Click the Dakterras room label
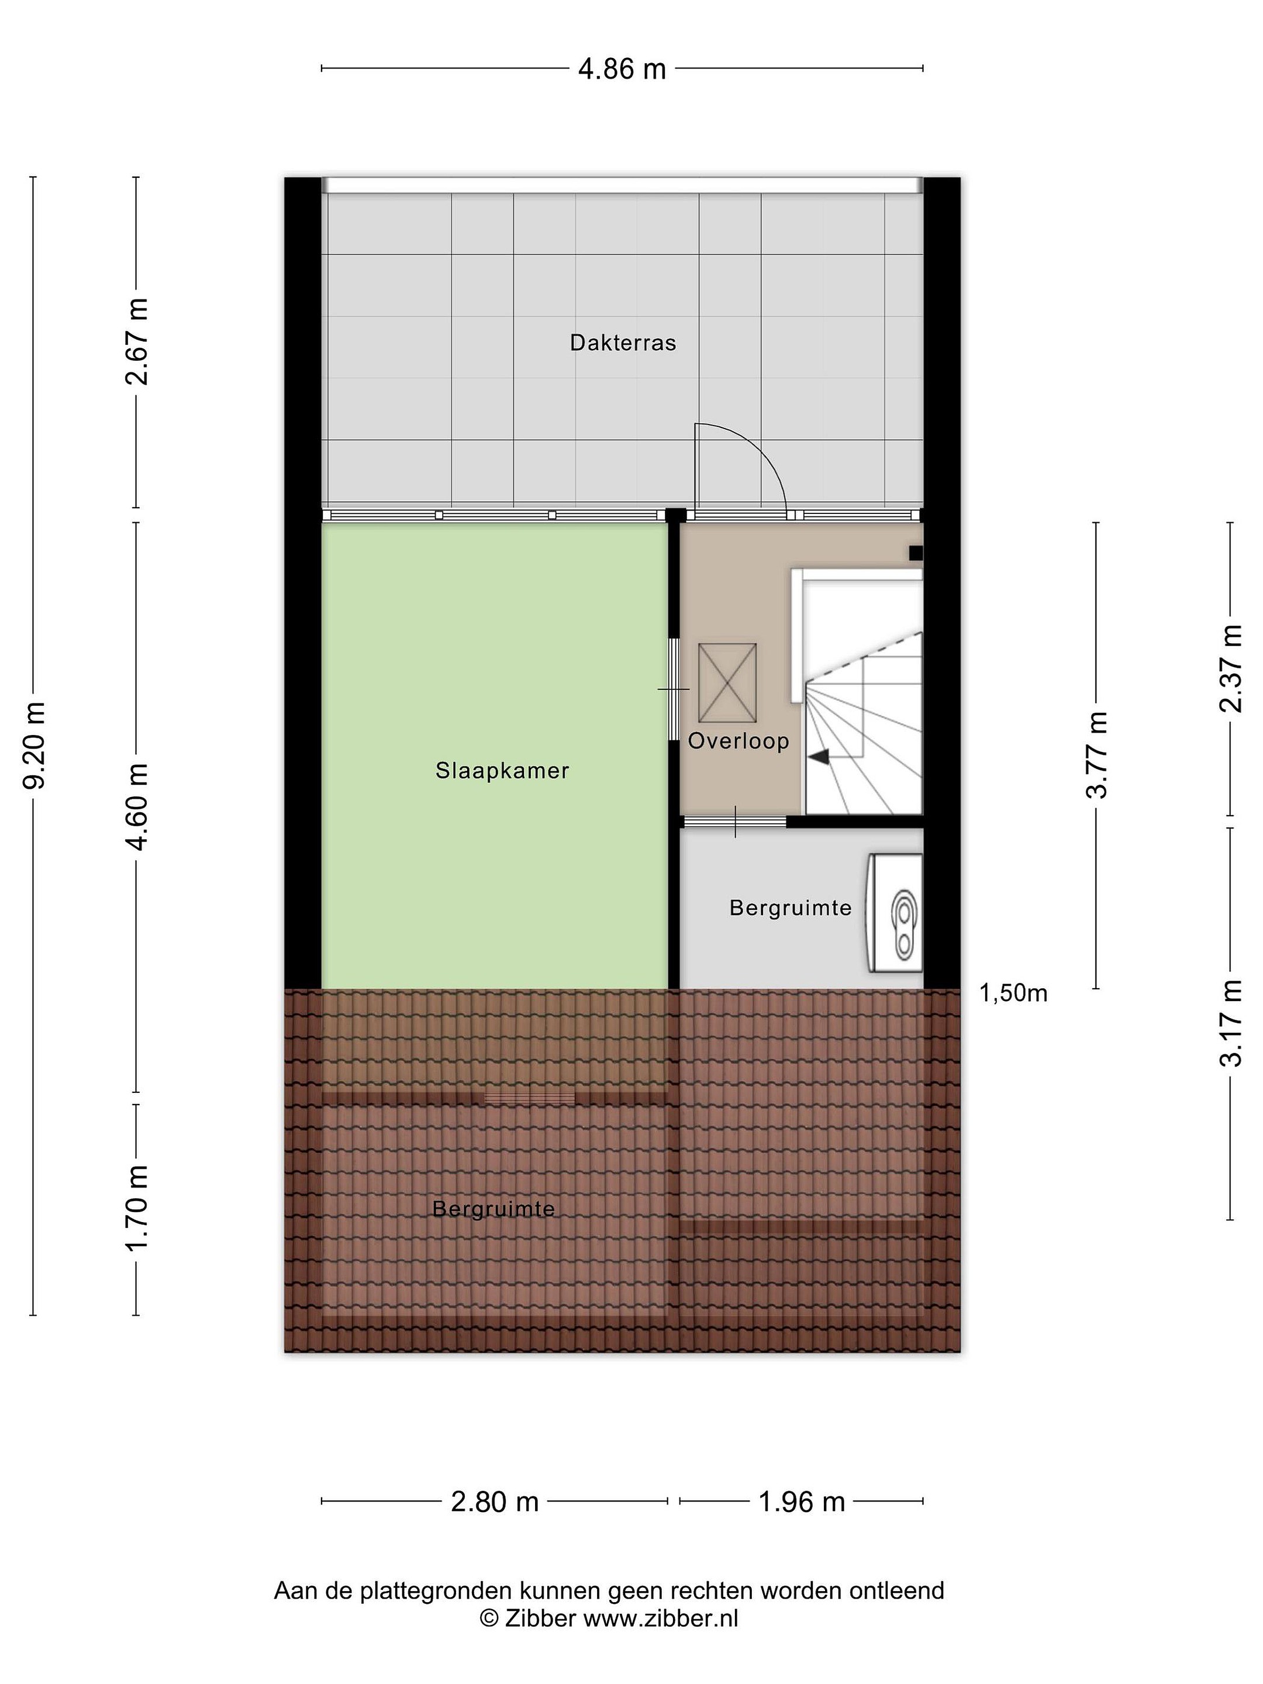(623, 343)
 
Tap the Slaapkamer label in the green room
(502, 771)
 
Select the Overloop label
(739, 741)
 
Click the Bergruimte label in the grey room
(790, 907)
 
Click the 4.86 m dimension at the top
(622, 69)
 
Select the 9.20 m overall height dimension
(35, 746)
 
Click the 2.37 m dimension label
(1231, 668)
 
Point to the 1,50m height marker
(1013, 993)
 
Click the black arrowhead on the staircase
(819, 756)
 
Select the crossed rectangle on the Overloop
(727, 683)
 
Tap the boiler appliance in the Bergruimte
(895, 913)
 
